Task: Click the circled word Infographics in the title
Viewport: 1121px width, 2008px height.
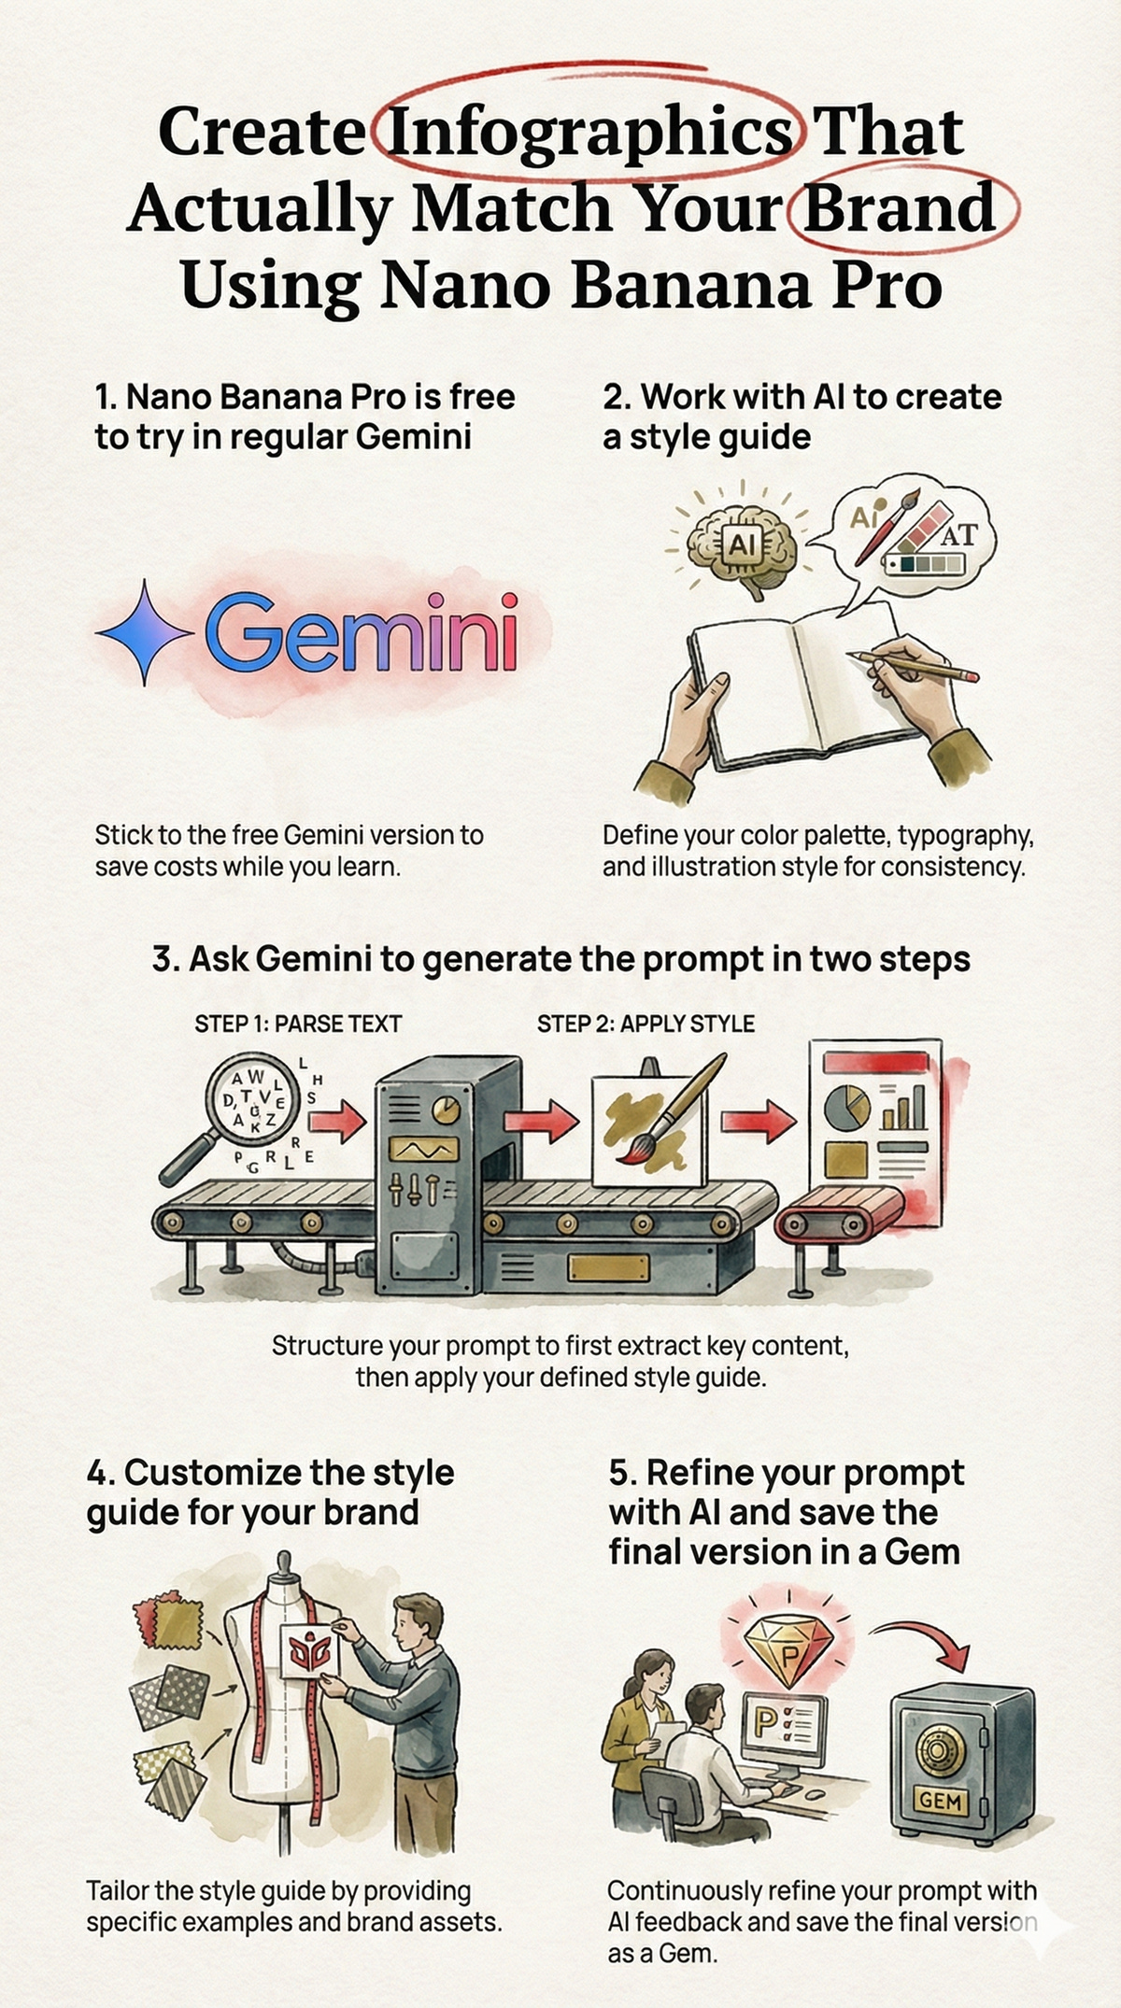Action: [589, 134]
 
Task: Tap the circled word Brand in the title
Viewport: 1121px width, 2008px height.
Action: [899, 206]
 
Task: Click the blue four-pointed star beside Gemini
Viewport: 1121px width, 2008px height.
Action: [144, 632]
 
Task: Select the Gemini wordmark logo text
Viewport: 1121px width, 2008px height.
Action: [361, 634]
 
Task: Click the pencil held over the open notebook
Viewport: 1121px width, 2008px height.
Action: [915, 665]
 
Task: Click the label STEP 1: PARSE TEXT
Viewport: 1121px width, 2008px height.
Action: [298, 1024]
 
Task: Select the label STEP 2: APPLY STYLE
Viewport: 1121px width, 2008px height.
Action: [646, 1024]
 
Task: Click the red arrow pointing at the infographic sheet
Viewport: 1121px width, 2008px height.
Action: [769, 1121]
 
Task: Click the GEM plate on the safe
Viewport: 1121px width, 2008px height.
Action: [940, 1800]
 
